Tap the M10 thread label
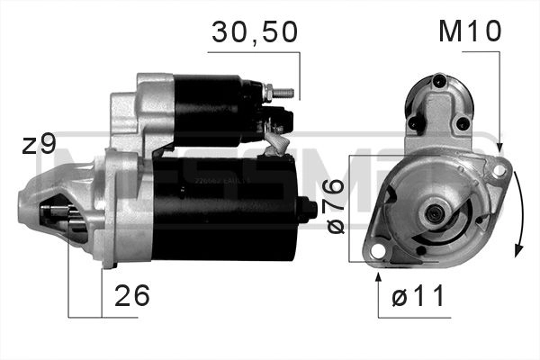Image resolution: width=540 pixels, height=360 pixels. [x=469, y=32]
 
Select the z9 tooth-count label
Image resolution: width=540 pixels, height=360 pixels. [x=39, y=144]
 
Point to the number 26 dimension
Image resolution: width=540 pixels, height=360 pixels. [x=131, y=295]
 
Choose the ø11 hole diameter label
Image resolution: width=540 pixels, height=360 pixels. [x=419, y=297]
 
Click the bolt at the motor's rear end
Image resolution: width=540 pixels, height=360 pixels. [x=309, y=210]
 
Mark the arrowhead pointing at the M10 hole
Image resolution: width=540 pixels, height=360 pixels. [x=499, y=146]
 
